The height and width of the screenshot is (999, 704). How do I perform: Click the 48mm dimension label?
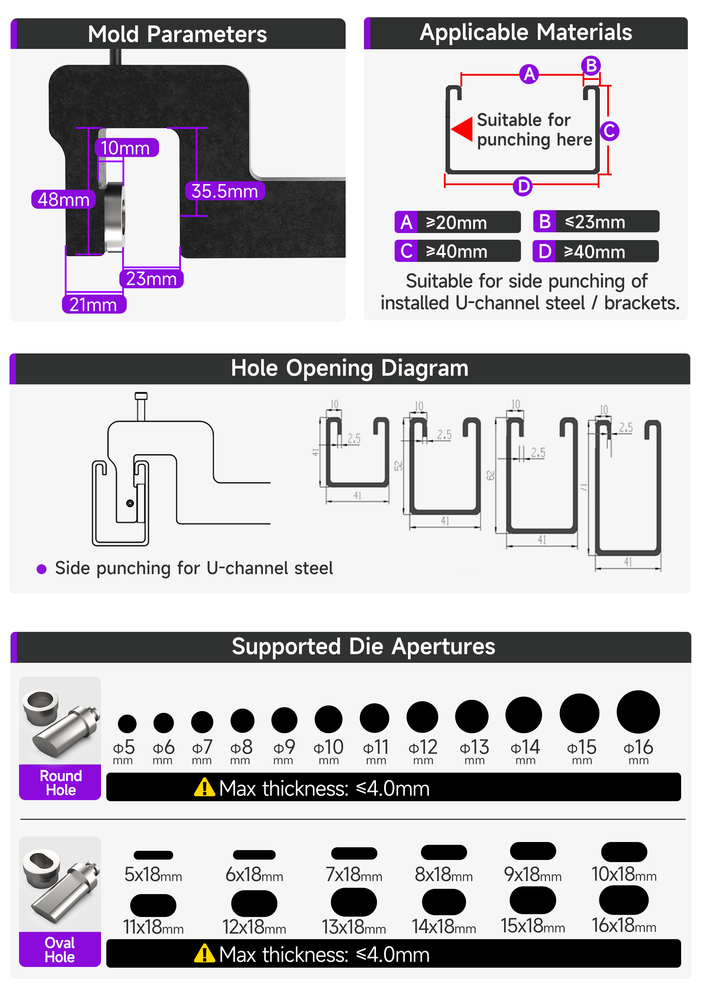point(63,199)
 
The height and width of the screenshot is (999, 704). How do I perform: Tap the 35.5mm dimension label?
point(225,191)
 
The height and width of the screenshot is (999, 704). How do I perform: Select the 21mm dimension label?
point(94,304)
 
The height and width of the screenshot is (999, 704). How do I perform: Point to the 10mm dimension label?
point(126,147)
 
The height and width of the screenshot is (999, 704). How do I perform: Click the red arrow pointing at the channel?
point(462,129)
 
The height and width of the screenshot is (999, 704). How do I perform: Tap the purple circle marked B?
point(591,66)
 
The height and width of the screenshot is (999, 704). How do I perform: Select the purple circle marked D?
point(523,186)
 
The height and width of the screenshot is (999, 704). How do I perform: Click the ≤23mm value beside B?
point(595,222)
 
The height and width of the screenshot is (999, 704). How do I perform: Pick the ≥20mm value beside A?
point(457,222)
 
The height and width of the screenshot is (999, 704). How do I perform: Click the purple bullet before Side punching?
point(42,569)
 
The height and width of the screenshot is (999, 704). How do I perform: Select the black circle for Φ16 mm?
point(638,711)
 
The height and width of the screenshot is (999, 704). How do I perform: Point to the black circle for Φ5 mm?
point(127,723)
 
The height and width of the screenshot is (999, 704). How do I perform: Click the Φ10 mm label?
point(328,751)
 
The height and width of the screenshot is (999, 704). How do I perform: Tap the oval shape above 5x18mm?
point(153,855)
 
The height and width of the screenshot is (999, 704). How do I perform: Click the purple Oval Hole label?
point(60,949)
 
